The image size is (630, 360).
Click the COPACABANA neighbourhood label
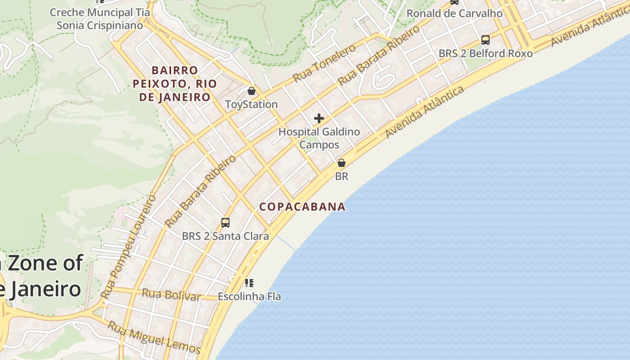click(x=302, y=207)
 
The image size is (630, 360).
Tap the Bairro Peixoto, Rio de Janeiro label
click(x=175, y=84)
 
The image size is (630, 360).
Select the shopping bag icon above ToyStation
click(x=252, y=91)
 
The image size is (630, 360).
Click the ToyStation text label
click(x=252, y=104)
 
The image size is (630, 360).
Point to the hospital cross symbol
click(x=319, y=119)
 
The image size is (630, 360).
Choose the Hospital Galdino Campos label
click(x=319, y=138)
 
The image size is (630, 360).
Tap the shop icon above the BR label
click(x=342, y=163)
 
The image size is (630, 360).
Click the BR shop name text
click(x=342, y=176)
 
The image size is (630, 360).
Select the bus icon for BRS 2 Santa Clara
click(x=225, y=222)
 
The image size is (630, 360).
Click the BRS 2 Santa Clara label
click(x=225, y=236)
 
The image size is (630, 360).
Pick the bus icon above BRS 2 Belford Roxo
click(x=486, y=40)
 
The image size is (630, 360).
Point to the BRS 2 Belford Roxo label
click(x=486, y=54)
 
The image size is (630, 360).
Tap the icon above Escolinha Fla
click(x=249, y=283)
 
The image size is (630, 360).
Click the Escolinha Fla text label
click(x=249, y=297)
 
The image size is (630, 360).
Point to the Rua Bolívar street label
click(x=171, y=295)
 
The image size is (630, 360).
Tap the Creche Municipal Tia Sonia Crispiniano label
click(x=99, y=19)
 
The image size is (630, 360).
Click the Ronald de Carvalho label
click(x=454, y=13)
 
